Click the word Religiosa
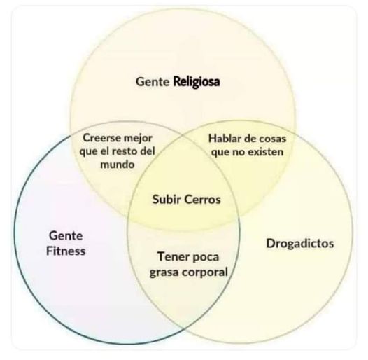[x=197, y=82]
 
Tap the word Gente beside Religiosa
[x=153, y=82]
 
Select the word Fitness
[x=66, y=251]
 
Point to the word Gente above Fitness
[x=66, y=236]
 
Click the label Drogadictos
[x=300, y=243]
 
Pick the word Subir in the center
[x=167, y=200]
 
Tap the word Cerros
[x=203, y=200]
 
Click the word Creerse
[x=101, y=138]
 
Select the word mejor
[x=138, y=139]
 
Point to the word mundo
[x=118, y=165]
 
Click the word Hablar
[x=225, y=139]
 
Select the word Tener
[x=172, y=256]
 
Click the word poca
[x=205, y=257]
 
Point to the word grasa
[x=164, y=272]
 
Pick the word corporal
[x=205, y=272]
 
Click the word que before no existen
[x=220, y=153]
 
